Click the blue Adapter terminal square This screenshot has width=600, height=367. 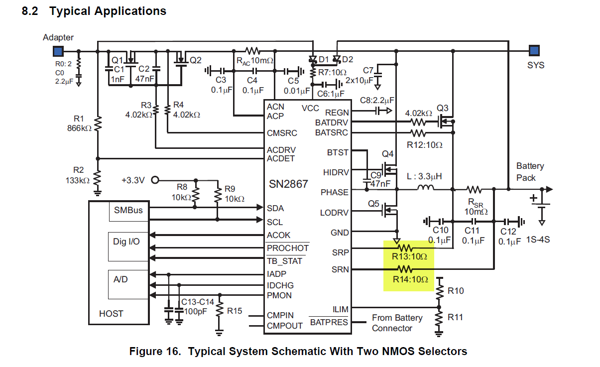[58, 51]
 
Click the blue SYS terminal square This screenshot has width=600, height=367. [534, 50]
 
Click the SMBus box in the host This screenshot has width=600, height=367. [128, 211]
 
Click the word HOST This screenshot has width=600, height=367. [111, 314]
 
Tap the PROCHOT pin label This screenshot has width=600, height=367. [288, 248]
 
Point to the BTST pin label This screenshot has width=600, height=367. [338, 152]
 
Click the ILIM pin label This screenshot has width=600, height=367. [341, 309]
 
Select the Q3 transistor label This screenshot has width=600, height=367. [443, 108]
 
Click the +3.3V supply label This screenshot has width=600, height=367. [133, 180]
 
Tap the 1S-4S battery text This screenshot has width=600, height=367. [538, 240]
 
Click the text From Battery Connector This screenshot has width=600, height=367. [397, 323]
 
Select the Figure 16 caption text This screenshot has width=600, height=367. [298, 352]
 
